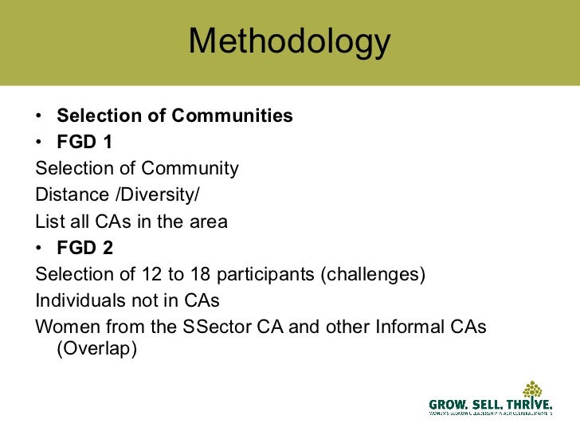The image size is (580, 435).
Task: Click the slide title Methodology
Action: tap(290, 41)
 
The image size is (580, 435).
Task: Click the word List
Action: tap(49, 221)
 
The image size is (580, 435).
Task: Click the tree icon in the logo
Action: tap(533, 391)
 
